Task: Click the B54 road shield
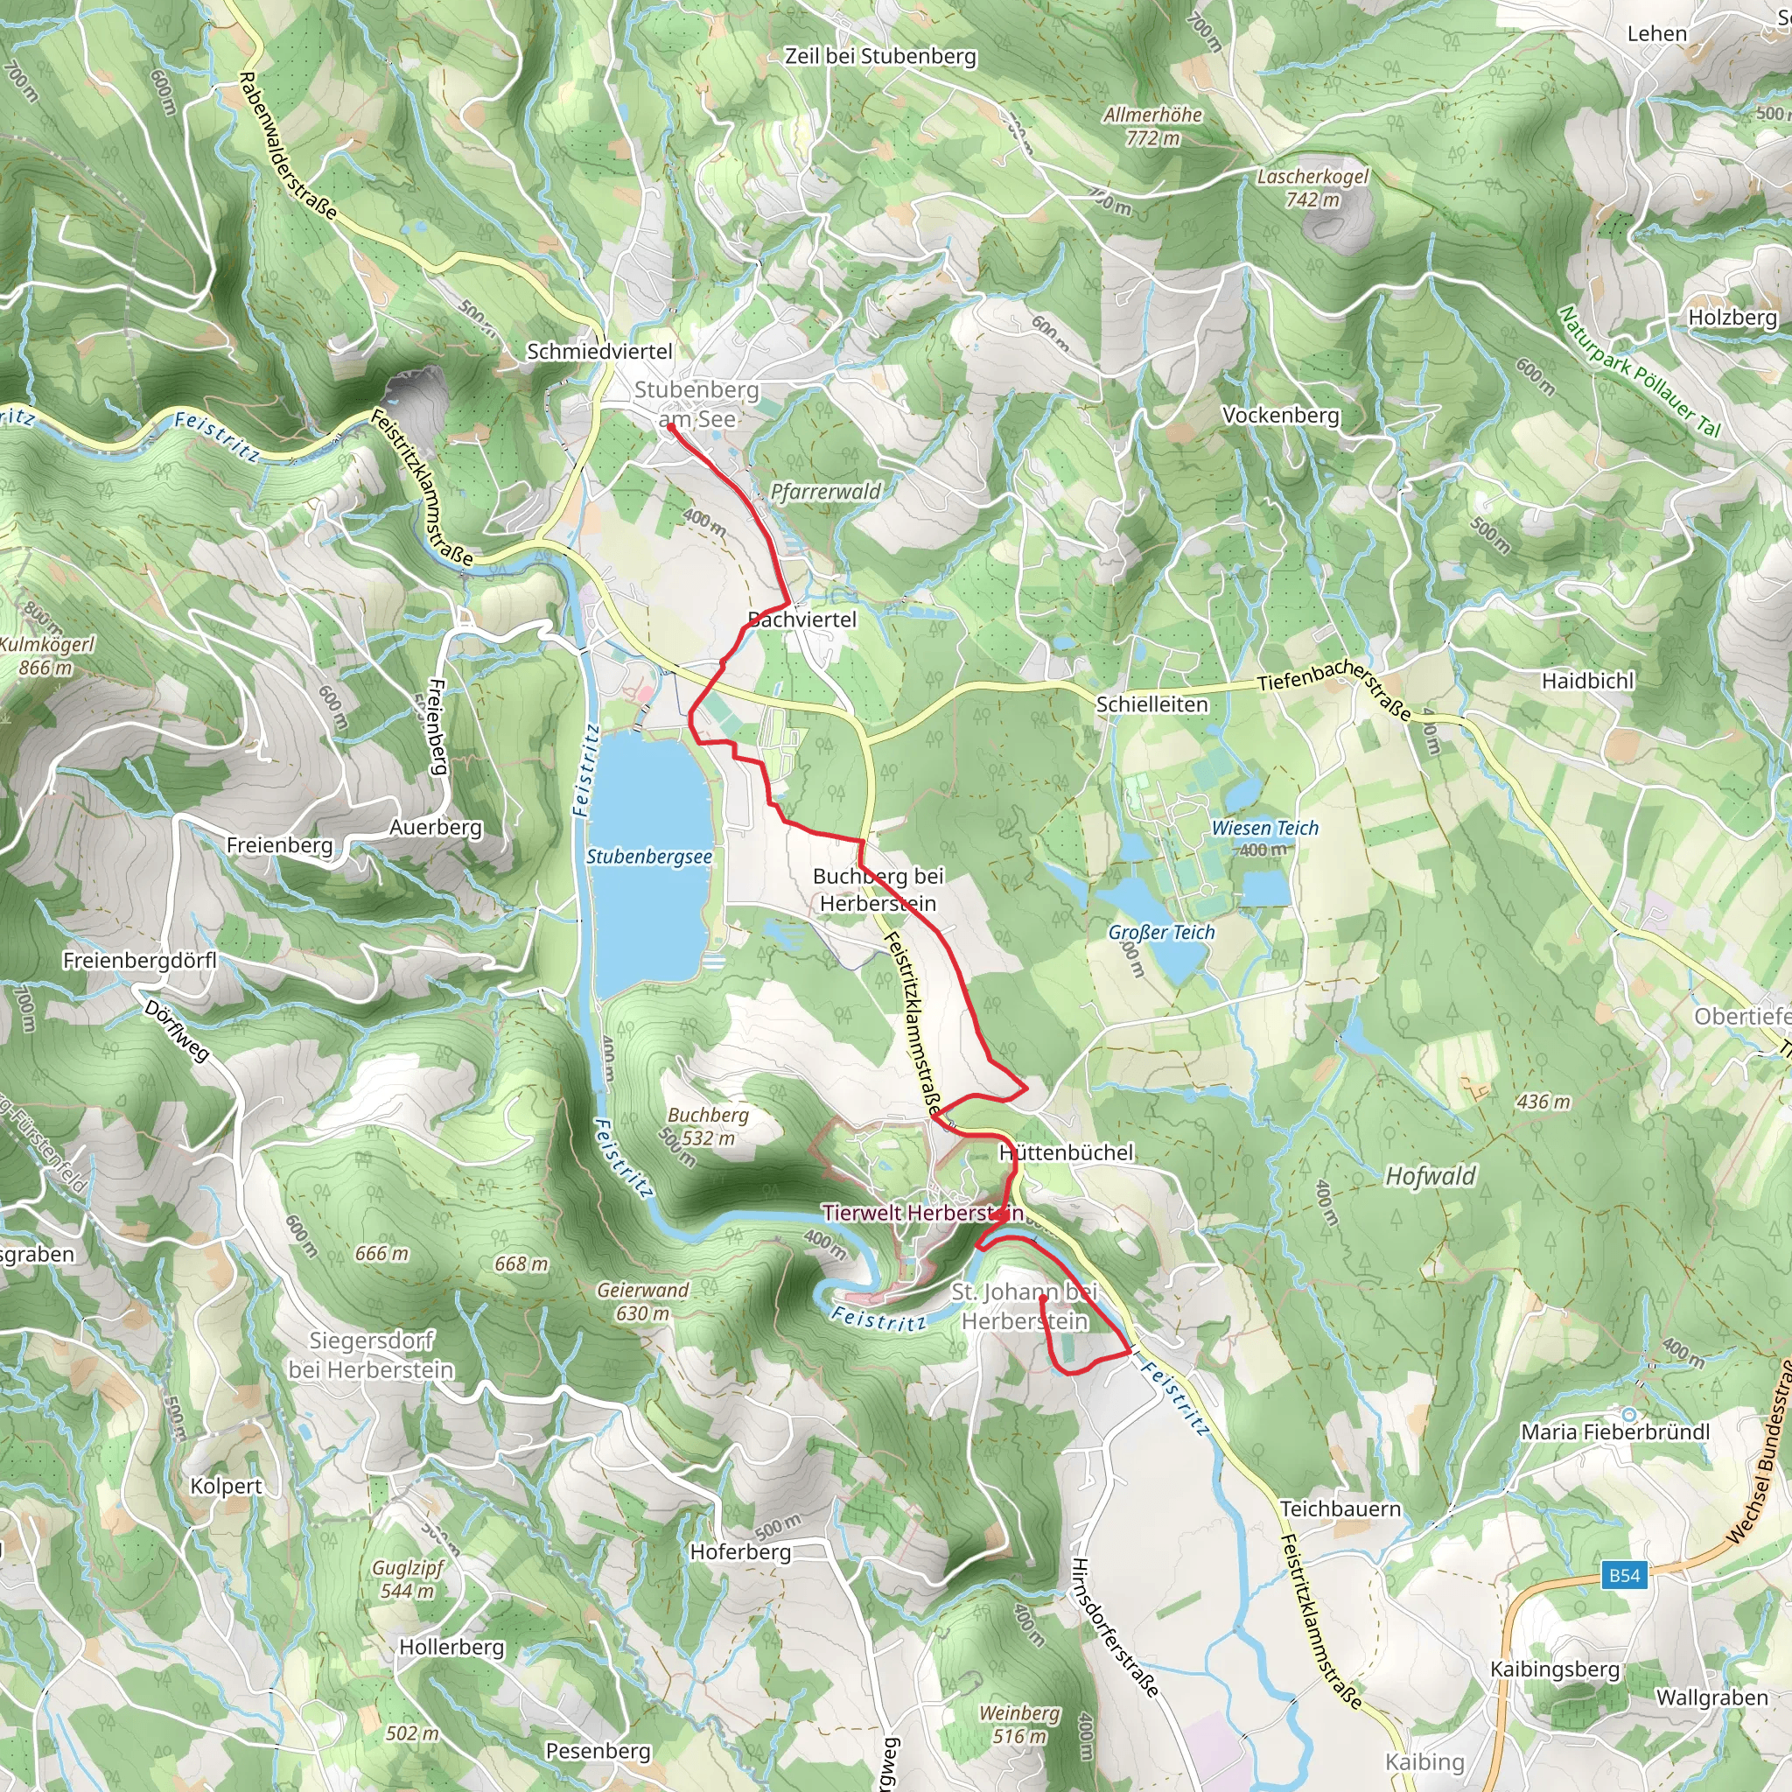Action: point(1624,1575)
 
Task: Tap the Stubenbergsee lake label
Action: point(649,857)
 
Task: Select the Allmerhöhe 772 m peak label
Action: point(1153,126)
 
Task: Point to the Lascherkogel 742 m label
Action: point(1312,187)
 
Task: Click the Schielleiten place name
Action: point(1152,705)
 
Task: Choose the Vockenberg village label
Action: point(1281,416)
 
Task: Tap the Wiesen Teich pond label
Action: point(1265,837)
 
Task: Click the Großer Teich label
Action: point(1161,933)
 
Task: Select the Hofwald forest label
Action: point(1431,1177)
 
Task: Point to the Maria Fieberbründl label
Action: point(1616,1432)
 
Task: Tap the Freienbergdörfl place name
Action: point(140,961)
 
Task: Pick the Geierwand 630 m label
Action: point(643,1301)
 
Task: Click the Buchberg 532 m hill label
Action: point(708,1126)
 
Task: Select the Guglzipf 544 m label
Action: point(408,1578)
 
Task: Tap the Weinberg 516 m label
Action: point(1019,1725)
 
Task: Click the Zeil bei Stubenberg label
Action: point(880,57)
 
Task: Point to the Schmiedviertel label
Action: point(600,352)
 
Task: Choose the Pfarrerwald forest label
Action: point(825,492)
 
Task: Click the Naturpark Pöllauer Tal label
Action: point(1639,371)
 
